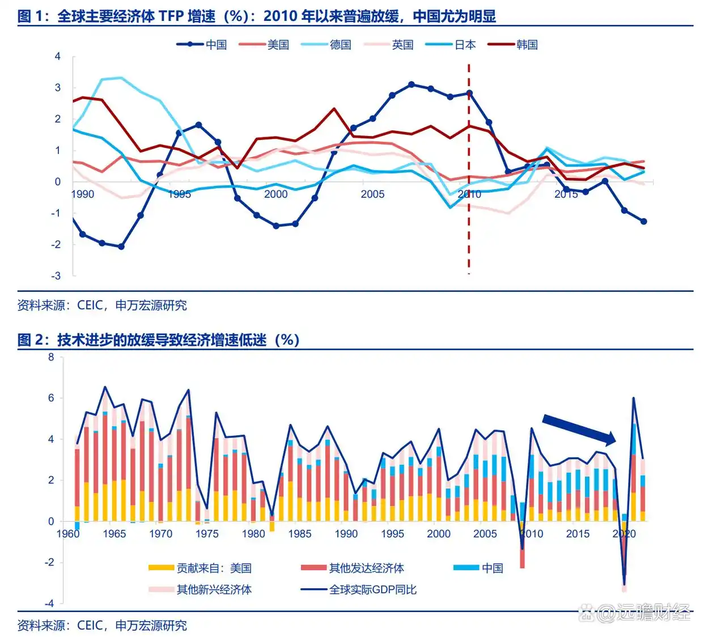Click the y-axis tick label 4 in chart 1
click(x=58, y=57)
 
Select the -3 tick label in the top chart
click(x=56, y=276)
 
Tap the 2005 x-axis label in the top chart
click(x=372, y=194)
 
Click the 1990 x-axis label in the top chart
click(x=83, y=194)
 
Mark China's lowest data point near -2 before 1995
click(x=121, y=247)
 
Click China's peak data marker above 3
click(x=412, y=84)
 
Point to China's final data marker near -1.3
click(x=644, y=222)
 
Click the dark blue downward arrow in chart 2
click(x=578, y=429)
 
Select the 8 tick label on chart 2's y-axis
click(x=52, y=357)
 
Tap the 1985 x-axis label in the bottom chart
click(x=299, y=534)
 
